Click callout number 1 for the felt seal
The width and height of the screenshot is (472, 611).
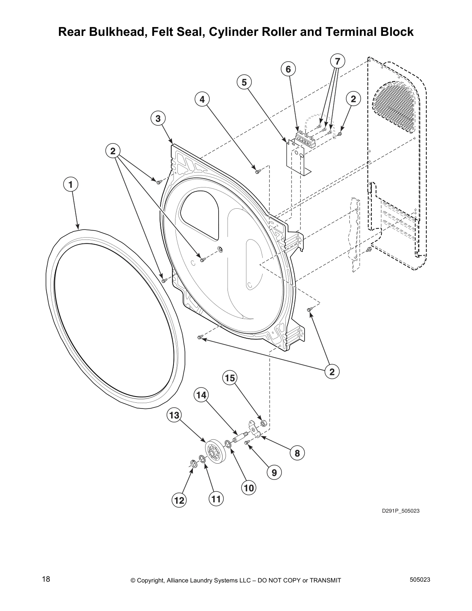click(71, 184)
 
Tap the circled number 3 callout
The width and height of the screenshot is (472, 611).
click(158, 118)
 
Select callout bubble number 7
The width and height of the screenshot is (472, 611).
click(337, 61)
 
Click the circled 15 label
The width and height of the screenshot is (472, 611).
click(230, 378)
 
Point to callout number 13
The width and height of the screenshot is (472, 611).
click(174, 415)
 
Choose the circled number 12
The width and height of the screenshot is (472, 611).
click(179, 500)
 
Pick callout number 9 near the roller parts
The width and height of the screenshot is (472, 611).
click(274, 472)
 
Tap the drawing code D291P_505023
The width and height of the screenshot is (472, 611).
click(401, 511)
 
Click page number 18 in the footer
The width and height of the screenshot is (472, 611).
click(46, 579)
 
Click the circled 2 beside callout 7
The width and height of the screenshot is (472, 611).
click(353, 99)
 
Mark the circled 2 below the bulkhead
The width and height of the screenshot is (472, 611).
click(332, 371)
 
